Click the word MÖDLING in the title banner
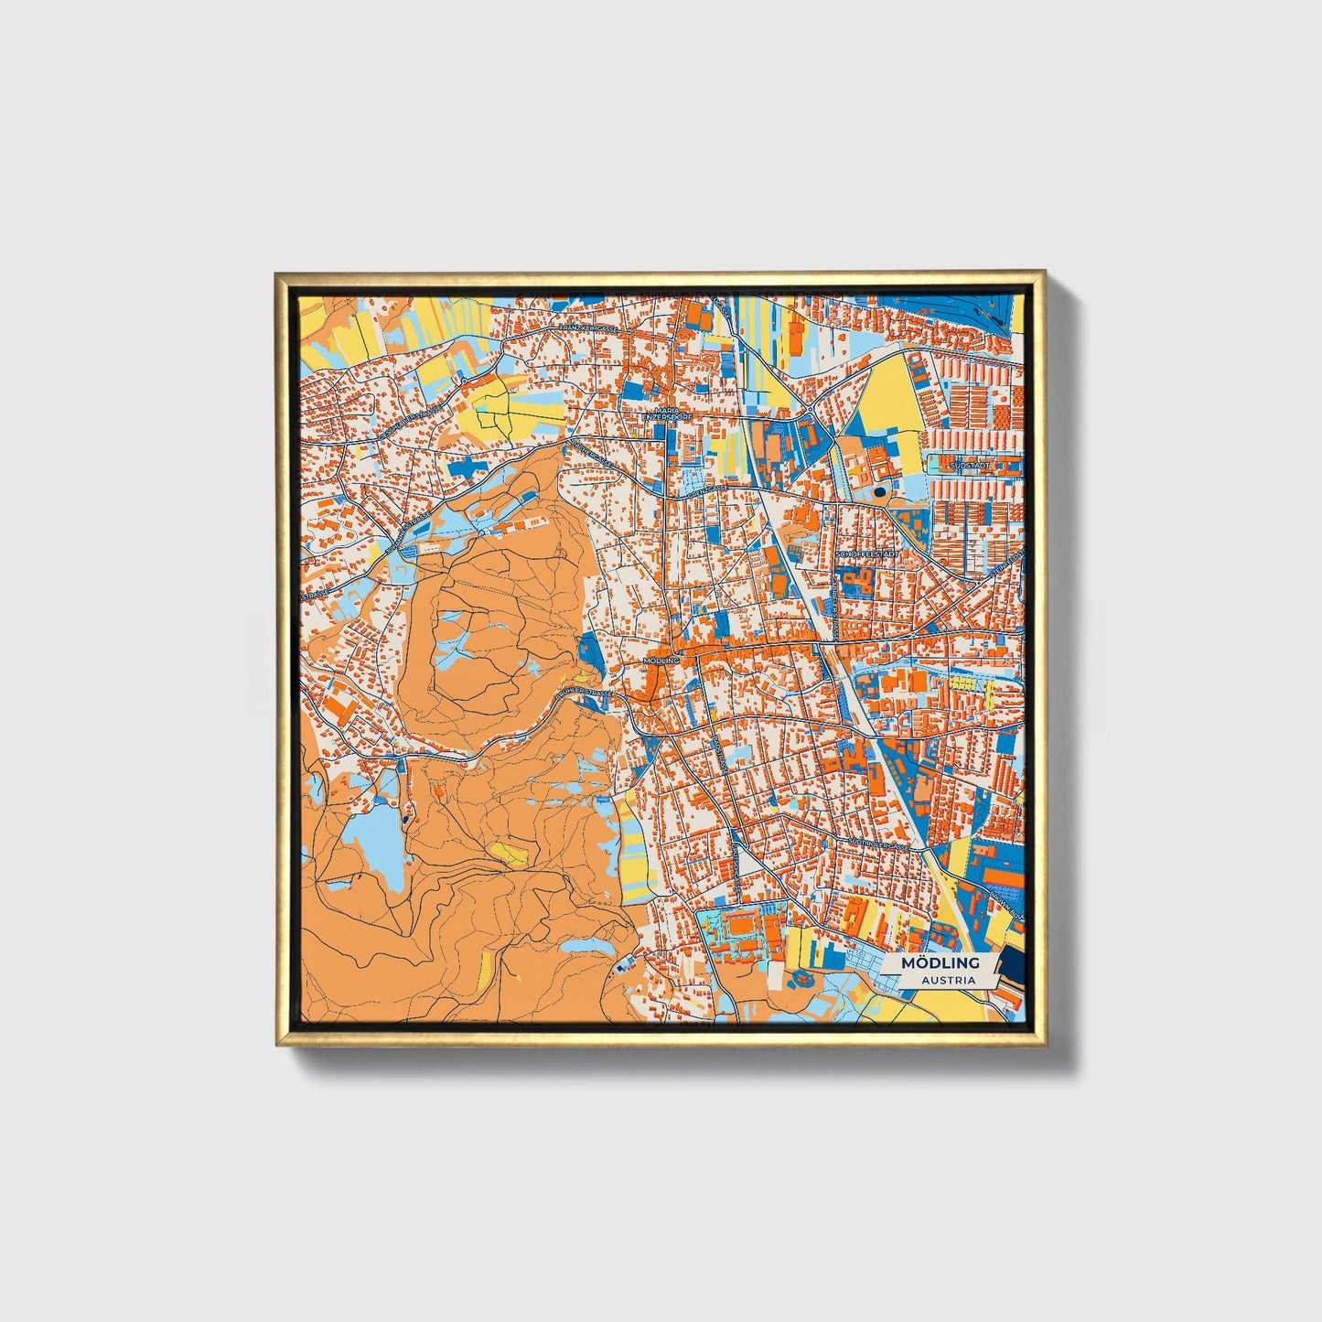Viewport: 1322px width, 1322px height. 940,962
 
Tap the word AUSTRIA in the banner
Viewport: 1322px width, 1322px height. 948,980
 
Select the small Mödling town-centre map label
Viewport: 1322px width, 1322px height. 661,660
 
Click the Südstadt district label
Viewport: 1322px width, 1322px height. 971,465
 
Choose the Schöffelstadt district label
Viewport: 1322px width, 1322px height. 868,554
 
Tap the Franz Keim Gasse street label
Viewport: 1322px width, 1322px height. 590,327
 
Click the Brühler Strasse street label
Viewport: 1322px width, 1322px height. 586,697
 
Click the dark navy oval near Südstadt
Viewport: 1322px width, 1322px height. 880,491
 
